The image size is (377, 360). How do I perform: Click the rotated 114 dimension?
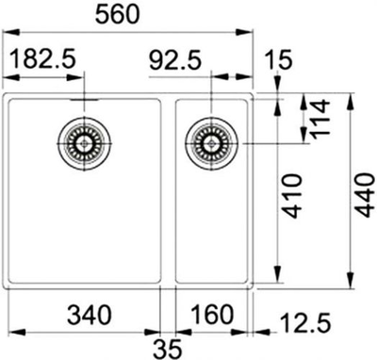tap(320, 121)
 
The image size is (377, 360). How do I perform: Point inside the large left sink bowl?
tap(85, 217)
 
